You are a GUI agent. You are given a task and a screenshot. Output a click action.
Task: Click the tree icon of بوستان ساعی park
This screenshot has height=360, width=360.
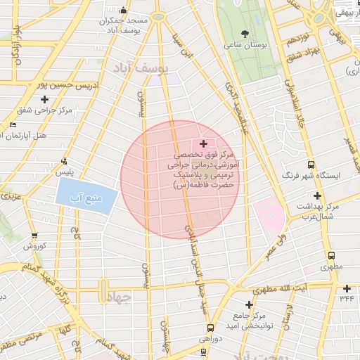(x=245, y=33)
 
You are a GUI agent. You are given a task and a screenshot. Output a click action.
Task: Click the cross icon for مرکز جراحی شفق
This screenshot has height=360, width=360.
(x=44, y=99)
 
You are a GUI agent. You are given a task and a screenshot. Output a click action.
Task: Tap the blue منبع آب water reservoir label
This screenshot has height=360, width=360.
(x=85, y=198)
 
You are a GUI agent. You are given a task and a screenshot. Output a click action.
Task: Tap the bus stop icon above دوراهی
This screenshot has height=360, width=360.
(x=210, y=327)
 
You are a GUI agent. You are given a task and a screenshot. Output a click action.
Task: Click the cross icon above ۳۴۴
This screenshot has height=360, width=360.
(x=346, y=288)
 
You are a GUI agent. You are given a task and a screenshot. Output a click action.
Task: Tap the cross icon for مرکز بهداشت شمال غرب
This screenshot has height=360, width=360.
(x=318, y=195)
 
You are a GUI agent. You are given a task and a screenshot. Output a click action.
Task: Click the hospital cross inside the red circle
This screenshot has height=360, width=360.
(x=204, y=143)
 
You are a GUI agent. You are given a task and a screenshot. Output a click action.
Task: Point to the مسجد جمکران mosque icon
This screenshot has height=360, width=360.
(x=124, y=11)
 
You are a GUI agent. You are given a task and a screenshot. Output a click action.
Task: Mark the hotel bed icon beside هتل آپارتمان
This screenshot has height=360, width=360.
(x=13, y=124)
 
